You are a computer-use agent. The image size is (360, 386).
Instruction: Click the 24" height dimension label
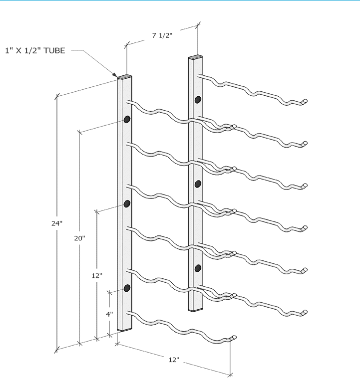[56, 223]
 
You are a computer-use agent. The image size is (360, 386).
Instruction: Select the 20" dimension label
[79, 238]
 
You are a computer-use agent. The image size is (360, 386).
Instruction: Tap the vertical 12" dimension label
[97, 275]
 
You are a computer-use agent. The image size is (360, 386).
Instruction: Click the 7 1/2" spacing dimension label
[163, 35]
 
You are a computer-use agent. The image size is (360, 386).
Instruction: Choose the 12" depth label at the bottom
[173, 360]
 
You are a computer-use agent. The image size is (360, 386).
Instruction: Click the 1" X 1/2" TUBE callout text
[35, 50]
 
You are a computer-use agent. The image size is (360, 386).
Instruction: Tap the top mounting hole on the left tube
[127, 119]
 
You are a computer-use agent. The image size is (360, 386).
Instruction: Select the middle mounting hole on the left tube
[127, 203]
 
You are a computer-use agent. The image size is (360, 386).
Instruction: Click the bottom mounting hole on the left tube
[127, 288]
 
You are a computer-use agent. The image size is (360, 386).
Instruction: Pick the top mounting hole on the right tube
[198, 99]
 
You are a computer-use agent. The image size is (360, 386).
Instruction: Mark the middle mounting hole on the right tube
[198, 184]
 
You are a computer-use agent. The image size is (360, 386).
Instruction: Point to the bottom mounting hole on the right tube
[198, 268]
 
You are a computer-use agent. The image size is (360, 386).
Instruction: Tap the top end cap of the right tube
[196, 57]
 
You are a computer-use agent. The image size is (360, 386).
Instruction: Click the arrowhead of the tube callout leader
[116, 75]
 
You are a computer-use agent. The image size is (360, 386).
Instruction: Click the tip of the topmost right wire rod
[305, 101]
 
